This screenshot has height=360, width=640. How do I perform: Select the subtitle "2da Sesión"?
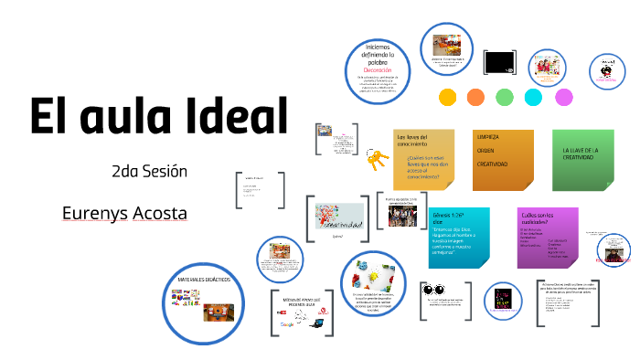click(x=149, y=172)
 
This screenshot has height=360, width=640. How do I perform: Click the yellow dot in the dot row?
click(x=447, y=97)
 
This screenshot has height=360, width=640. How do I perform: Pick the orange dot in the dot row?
click(x=475, y=97)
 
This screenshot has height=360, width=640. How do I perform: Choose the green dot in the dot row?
click(x=505, y=97)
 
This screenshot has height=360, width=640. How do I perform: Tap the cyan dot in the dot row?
click(x=535, y=97)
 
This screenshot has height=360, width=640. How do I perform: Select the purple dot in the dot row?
click(x=564, y=97)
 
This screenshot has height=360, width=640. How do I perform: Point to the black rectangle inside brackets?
click(x=499, y=61)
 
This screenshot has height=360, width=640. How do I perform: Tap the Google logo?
click(x=287, y=324)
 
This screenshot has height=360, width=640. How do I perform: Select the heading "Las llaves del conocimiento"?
click(x=412, y=140)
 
